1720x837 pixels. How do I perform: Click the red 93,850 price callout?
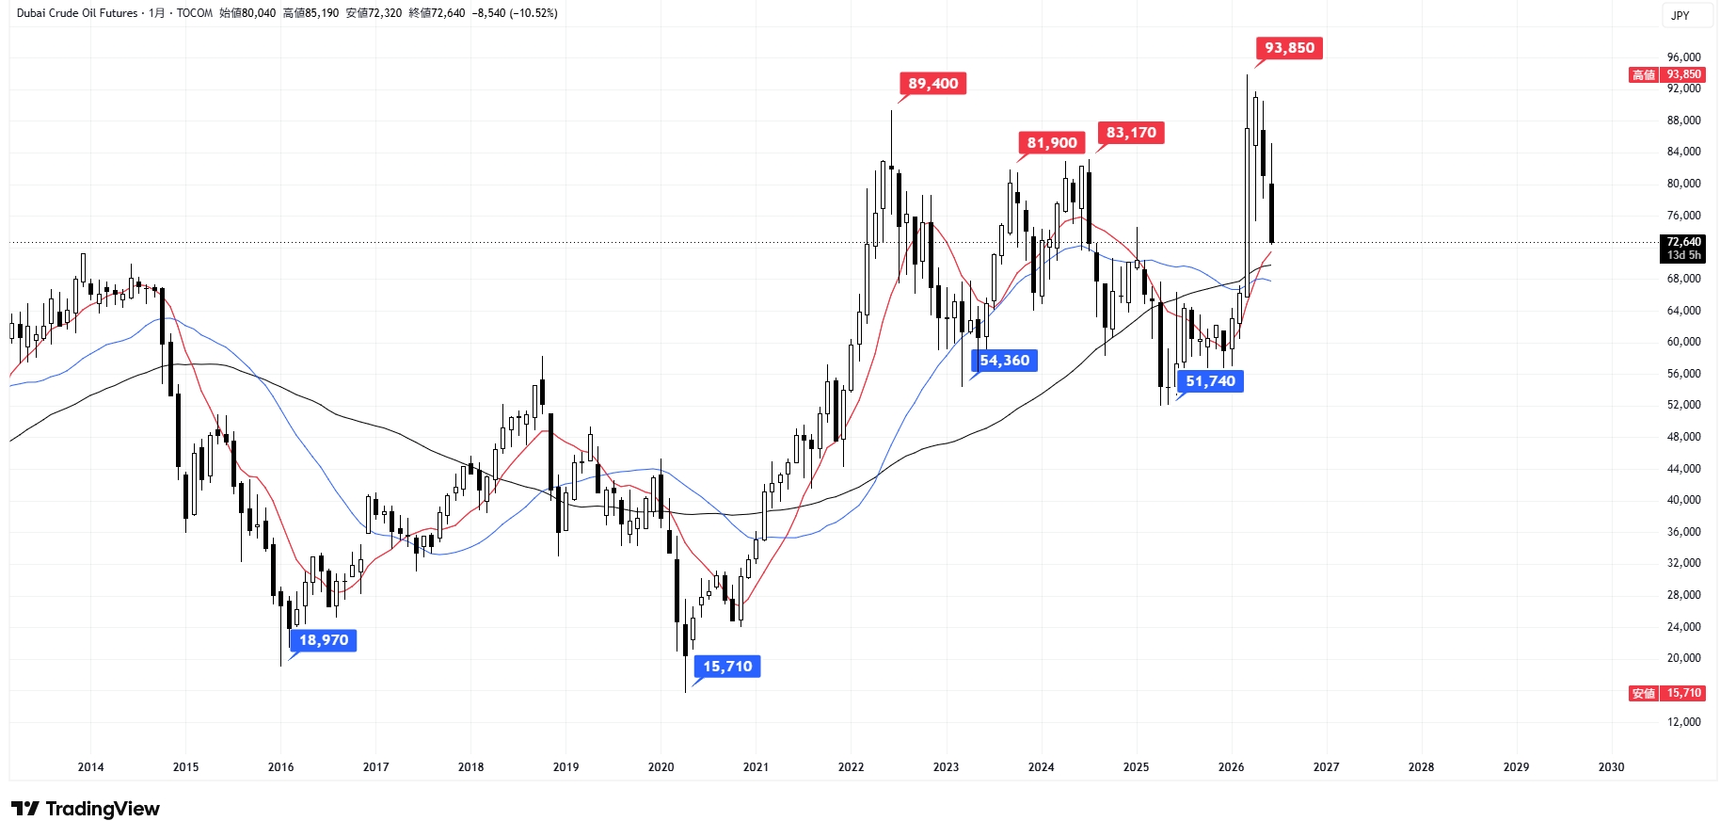(1289, 48)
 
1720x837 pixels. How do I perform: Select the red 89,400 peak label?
(932, 84)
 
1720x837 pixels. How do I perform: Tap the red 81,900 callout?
(1051, 143)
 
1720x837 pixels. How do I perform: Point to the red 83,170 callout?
(1131, 133)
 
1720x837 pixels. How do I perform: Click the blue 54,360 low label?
(1004, 361)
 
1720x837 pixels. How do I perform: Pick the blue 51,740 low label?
(1210, 381)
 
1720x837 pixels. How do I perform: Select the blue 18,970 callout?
(324, 640)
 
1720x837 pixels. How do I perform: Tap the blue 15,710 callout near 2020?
(727, 667)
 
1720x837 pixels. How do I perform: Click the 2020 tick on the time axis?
(661, 767)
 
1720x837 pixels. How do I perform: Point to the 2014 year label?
(90, 767)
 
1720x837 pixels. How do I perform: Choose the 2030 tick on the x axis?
(1611, 767)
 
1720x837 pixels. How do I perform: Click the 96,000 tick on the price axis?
(1683, 57)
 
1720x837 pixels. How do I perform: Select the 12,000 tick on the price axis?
(1683, 722)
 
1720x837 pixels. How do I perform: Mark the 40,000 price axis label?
(1683, 500)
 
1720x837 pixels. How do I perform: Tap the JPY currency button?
(1680, 15)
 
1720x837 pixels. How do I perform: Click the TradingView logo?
(86, 809)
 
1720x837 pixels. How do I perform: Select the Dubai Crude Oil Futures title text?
(77, 13)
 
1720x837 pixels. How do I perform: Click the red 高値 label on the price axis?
(1644, 75)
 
